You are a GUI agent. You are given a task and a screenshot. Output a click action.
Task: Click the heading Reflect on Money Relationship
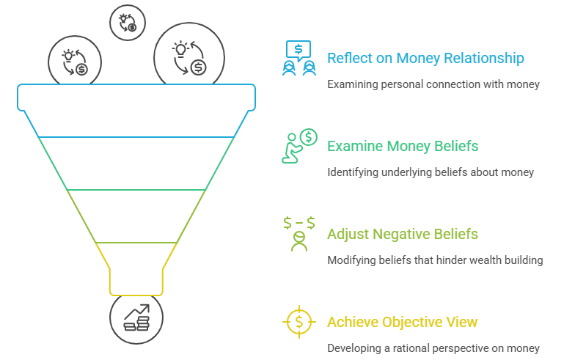(425, 58)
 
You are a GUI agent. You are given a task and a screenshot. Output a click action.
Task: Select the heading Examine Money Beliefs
(403, 146)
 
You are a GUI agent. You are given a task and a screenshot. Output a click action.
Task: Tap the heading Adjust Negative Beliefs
(403, 235)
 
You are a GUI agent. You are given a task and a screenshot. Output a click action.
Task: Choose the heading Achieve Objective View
(403, 322)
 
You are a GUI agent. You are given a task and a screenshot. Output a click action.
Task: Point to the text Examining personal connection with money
(433, 84)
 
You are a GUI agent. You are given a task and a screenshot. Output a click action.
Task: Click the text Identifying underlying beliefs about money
(431, 172)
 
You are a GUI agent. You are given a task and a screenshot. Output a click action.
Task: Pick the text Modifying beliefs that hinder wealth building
(435, 260)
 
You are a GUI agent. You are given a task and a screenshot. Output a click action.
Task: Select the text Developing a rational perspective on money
(433, 348)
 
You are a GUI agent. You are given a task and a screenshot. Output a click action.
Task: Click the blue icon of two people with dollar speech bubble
(299, 58)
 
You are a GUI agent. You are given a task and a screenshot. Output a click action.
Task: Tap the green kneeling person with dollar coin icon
(299, 145)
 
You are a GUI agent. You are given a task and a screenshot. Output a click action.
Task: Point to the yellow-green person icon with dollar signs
(299, 234)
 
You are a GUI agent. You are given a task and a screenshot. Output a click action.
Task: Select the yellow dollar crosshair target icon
(299, 321)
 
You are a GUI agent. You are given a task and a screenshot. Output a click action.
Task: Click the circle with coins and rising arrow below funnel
(136, 317)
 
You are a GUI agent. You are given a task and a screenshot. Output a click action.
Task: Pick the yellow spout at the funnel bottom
(136, 282)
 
